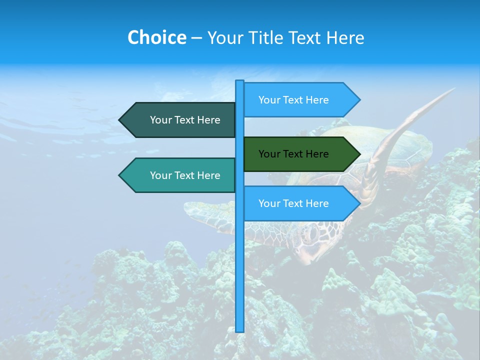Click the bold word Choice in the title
pos(156,37)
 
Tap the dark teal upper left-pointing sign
pos(180,120)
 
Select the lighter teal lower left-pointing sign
pos(180,175)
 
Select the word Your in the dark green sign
pos(269,154)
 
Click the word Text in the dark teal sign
pos(184,120)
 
